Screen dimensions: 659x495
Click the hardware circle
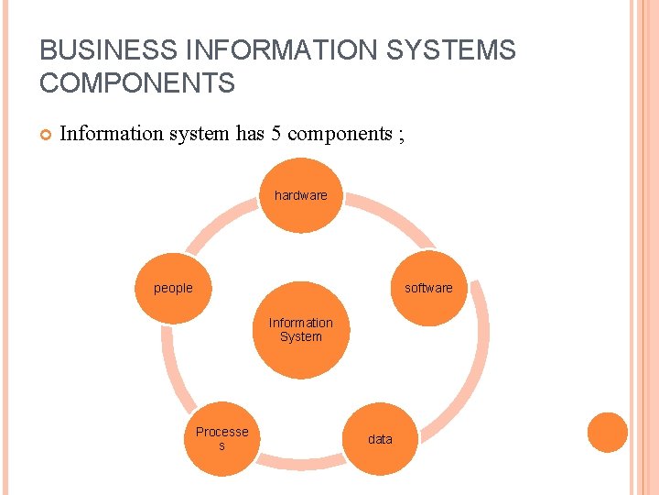tap(301, 195)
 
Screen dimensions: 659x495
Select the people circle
tap(173, 287)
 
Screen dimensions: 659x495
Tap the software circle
tap(428, 288)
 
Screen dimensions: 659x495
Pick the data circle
tap(380, 439)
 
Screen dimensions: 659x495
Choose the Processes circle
tap(221, 438)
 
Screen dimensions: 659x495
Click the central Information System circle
tap(301, 330)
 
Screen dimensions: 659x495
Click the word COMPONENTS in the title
tap(137, 83)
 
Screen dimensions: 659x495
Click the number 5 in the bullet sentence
tap(275, 134)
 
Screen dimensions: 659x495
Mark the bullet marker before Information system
tap(44, 135)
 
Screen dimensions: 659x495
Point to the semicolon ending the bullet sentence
tap(400, 135)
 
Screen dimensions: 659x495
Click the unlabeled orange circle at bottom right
tap(607, 432)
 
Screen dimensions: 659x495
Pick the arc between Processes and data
tap(301, 468)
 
